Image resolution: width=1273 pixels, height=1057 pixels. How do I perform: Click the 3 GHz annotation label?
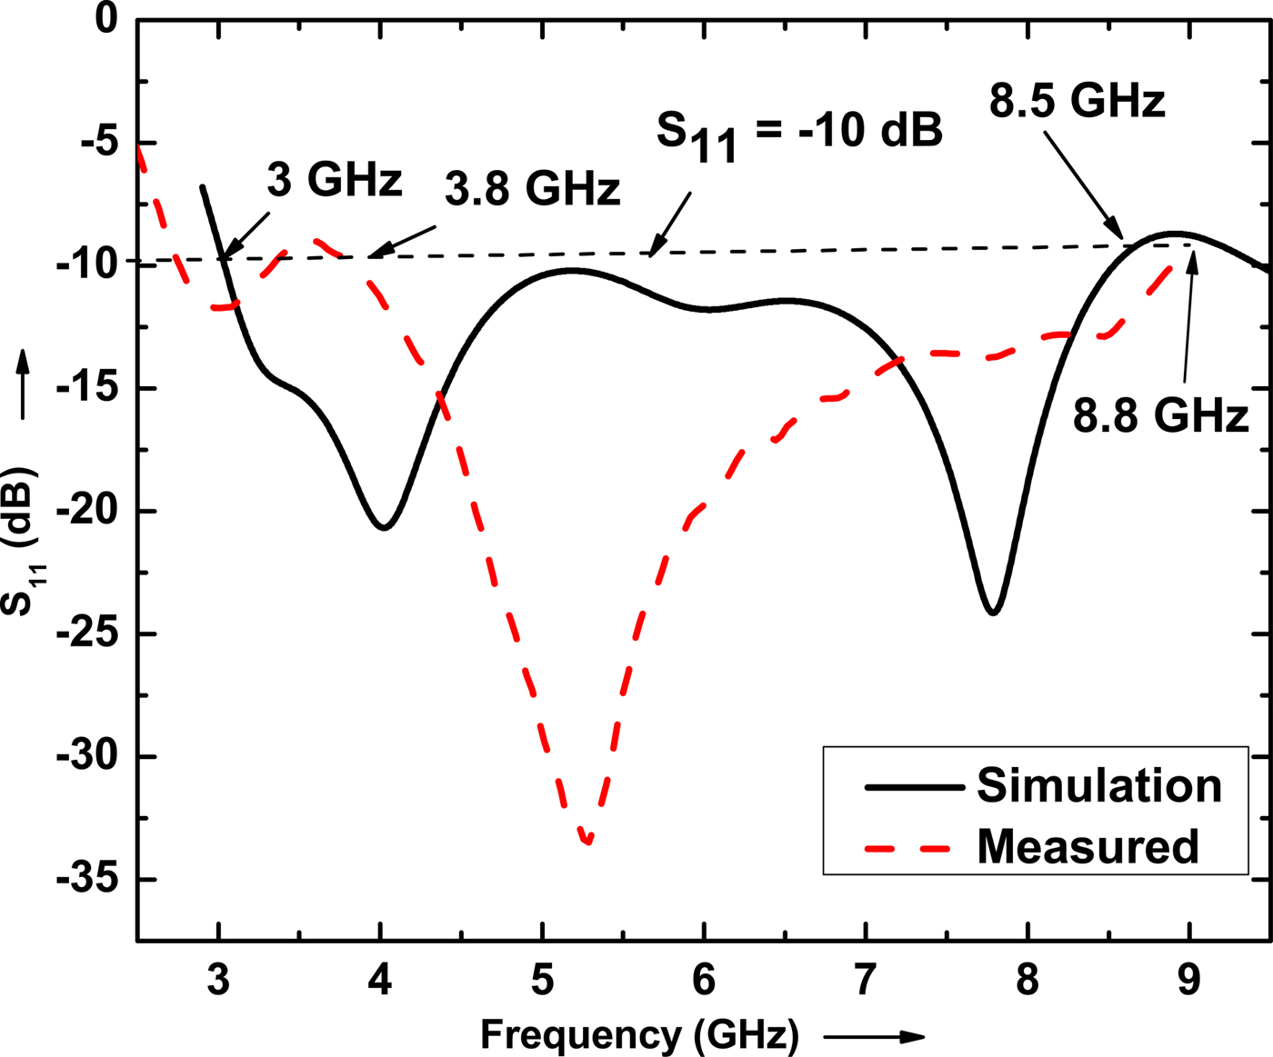[334, 180]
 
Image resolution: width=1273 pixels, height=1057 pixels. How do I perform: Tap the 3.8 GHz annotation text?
[532, 189]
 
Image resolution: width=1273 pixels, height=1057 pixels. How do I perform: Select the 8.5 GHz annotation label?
[1077, 100]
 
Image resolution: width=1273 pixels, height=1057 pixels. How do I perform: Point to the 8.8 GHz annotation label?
[1160, 415]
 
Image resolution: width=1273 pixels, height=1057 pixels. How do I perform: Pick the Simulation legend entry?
[1098, 785]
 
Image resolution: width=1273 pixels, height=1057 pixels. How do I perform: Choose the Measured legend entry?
[1088, 846]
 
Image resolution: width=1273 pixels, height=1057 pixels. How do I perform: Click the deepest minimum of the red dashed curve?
[588, 841]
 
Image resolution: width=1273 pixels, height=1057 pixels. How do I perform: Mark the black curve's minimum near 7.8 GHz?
[993, 612]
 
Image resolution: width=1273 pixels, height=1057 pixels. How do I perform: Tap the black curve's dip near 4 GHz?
[384, 526]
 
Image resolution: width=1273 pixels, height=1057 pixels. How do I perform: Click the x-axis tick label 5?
[542, 982]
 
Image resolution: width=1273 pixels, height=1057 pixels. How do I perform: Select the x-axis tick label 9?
[1188, 982]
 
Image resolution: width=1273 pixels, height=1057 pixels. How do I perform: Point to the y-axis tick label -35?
[91, 879]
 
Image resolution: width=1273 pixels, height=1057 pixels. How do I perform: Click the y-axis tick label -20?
[91, 511]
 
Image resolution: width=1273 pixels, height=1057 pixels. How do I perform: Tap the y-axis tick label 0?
[106, 18]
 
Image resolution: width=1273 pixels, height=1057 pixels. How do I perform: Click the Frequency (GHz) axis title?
[639, 1034]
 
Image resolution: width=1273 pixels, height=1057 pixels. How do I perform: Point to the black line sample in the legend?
[913, 787]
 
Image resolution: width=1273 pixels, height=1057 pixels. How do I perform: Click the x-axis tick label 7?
[865, 982]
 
